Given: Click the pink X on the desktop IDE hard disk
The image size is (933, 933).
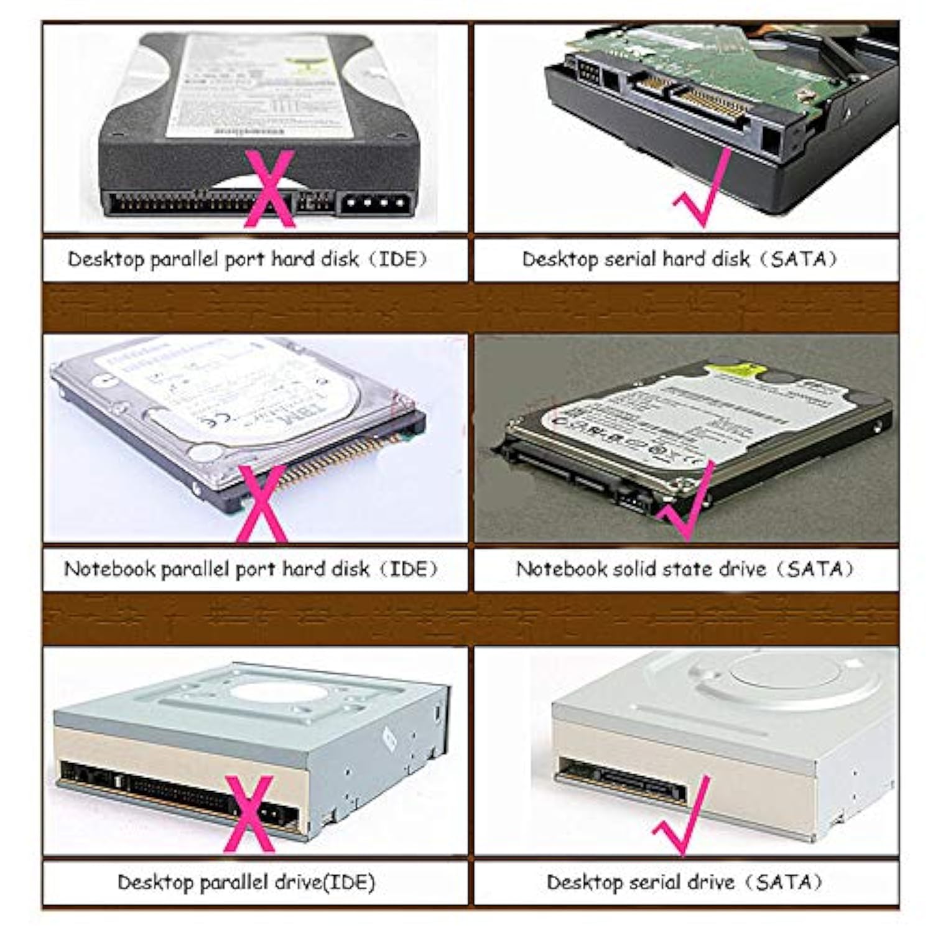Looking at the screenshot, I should [x=269, y=190].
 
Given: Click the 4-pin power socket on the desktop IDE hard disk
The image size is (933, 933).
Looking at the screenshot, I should [x=373, y=203].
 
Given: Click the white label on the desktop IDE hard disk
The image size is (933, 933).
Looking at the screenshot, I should [x=261, y=87].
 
